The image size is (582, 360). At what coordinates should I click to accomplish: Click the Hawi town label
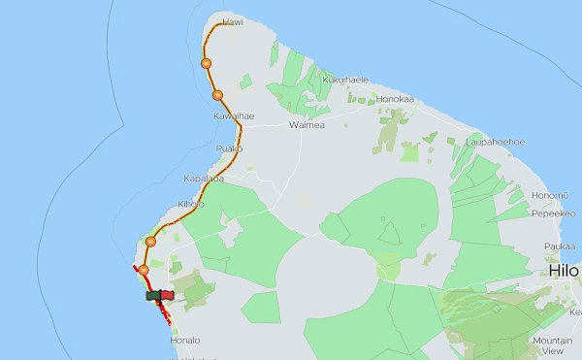(x=232, y=20)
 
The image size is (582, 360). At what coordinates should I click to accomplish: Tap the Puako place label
(x=229, y=148)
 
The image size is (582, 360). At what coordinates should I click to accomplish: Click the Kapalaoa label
(x=204, y=180)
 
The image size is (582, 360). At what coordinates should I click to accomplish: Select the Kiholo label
(x=191, y=204)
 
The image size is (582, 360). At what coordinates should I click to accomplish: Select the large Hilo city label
(x=564, y=271)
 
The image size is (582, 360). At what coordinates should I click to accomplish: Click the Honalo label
(x=184, y=341)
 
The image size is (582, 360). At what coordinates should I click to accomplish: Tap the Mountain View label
(x=552, y=345)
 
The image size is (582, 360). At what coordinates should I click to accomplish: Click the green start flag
(x=152, y=295)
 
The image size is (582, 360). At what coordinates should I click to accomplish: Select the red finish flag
(x=165, y=295)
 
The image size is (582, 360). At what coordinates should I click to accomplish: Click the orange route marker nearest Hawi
(x=206, y=63)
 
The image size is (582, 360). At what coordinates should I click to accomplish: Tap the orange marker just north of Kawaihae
(x=217, y=94)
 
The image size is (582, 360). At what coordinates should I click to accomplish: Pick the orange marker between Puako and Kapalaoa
(x=150, y=160)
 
